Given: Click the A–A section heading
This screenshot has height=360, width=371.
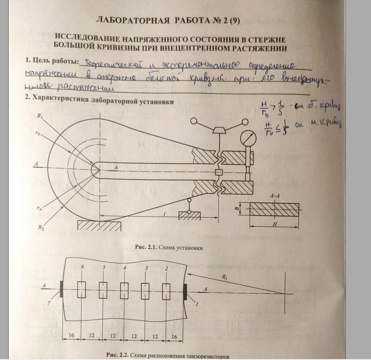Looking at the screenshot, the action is pos(274,196).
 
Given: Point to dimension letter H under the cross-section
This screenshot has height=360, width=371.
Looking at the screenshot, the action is pos(275,224).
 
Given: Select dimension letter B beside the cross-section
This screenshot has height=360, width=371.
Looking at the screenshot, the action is pos(237,209).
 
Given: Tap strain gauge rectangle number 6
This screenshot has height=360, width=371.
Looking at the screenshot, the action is pos(81,289).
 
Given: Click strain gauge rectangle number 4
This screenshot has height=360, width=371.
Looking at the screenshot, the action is pos(124,289).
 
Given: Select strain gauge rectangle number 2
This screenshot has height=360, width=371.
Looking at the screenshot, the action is pos(166,289).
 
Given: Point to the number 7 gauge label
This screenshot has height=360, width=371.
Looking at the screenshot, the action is pos(49,304).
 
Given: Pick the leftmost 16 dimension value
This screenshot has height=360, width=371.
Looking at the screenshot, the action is pos(72,336).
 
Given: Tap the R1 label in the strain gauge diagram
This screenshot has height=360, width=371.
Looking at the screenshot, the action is pos(224,276).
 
